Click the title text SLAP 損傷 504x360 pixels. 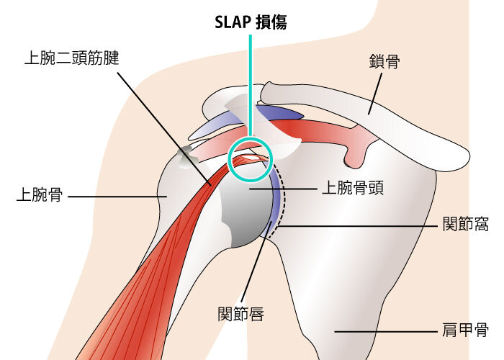tap(251, 22)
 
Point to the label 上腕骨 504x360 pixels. tap(39, 195)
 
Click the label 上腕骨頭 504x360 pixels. tap(351, 188)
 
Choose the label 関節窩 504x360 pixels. tap(465, 226)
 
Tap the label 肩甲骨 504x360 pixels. tap(465, 332)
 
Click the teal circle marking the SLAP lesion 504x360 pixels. tap(251, 160)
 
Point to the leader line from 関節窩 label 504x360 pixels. tap(360, 226)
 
